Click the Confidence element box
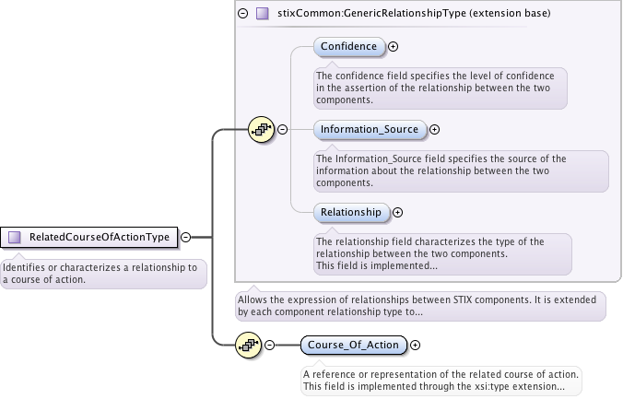(x=348, y=46)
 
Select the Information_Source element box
(x=370, y=130)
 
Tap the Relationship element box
(x=350, y=212)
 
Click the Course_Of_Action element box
(x=353, y=346)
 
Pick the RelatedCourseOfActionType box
(x=89, y=237)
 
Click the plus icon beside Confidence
(x=394, y=46)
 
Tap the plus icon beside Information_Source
(x=435, y=130)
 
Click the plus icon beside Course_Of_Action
(x=415, y=346)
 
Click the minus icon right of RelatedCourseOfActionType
(x=186, y=237)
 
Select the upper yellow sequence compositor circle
(x=263, y=130)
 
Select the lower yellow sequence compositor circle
(x=249, y=346)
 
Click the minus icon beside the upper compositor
(x=283, y=130)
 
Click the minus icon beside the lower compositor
(x=269, y=346)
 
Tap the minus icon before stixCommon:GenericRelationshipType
(x=243, y=14)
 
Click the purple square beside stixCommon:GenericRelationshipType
(x=263, y=14)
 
